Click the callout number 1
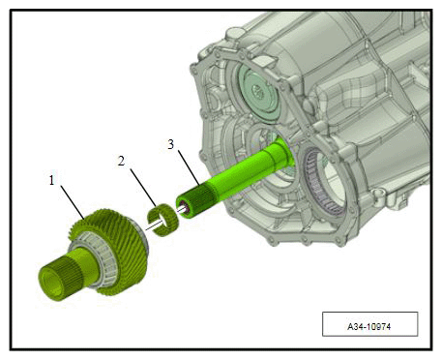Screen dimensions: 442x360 51,180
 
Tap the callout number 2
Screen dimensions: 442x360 121,161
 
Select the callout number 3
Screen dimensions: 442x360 171,144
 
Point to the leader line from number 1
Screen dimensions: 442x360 73,202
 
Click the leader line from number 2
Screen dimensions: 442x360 143,188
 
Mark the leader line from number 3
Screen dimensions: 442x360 190,168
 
